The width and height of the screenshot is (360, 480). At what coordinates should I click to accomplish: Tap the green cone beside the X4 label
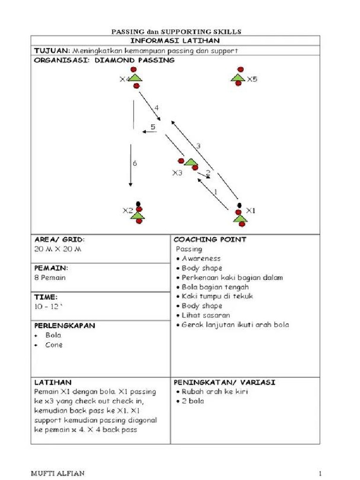pyautogui.click(x=135, y=77)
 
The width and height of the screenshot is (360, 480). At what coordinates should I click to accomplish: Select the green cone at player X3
pyautogui.click(x=190, y=162)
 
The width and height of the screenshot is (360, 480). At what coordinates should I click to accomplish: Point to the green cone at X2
pyautogui.click(x=137, y=215)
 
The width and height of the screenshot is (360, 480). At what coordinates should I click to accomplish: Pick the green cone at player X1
pyautogui.click(x=240, y=218)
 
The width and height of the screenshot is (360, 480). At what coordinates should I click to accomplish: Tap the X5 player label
pyautogui.click(x=252, y=79)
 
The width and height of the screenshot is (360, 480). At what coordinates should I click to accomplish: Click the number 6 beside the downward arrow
pyautogui.click(x=135, y=164)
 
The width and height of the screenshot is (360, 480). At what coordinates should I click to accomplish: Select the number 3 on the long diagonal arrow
pyautogui.click(x=198, y=146)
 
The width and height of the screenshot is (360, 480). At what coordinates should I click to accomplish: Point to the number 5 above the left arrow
pyautogui.click(x=153, y=127)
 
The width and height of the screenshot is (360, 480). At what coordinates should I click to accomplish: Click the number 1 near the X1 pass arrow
pyautogui.click(x=216, y=191)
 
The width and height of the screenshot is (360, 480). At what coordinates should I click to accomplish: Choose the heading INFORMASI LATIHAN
pyautogui.click(x=175, y=41)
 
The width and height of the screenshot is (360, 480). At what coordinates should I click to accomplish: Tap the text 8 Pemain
pyautogui.click(x=50, y=277)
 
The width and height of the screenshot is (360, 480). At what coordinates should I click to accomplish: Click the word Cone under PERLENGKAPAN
pyautogui.click(x=54, y=345)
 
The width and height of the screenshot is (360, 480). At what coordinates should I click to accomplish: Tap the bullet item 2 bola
pyautogui.click(x=193, y=401)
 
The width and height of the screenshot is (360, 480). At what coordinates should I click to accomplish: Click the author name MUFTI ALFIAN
pyautogui.click(x=58, y=473)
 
